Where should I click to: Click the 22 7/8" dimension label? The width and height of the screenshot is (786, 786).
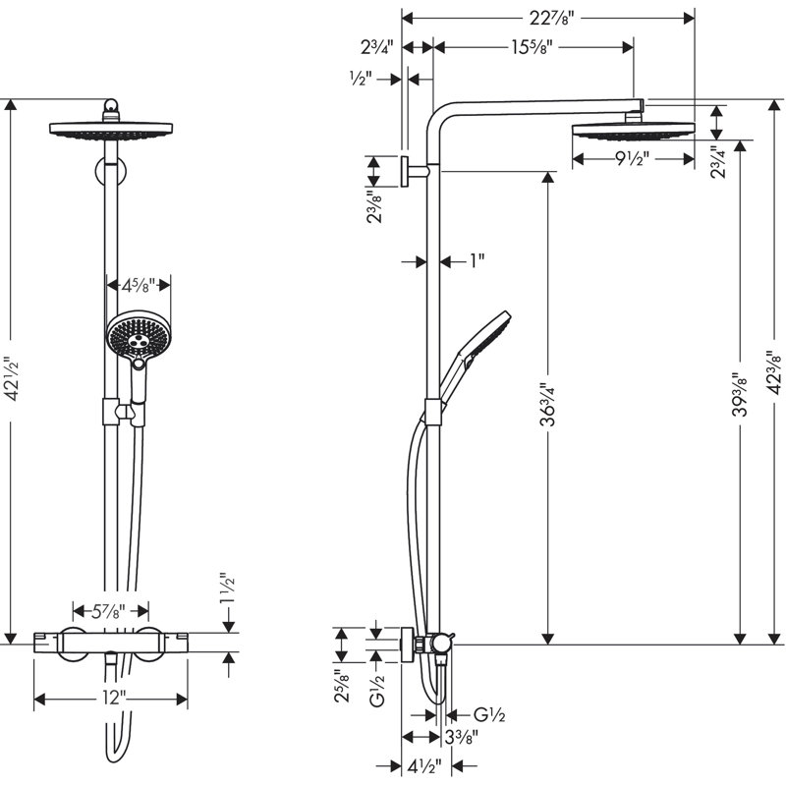pos(551,19)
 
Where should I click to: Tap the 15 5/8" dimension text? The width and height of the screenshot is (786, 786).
pos(532,47)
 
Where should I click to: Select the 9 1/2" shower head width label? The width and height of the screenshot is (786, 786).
pos(632,159)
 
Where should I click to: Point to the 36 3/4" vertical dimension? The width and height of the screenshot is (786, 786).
pos(548,405)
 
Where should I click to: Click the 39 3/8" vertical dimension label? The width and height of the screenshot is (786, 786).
pos(740,395)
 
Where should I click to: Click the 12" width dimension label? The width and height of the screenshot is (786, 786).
pos(112,698)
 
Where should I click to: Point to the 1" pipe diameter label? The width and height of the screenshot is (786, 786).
pos(477,260)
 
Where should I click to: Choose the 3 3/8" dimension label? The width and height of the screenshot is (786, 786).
pos(462,737)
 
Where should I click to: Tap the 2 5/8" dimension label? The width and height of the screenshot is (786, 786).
pos(343,686)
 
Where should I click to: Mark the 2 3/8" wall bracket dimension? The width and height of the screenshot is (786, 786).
pos(374,206)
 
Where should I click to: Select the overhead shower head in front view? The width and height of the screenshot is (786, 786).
pos(111,130)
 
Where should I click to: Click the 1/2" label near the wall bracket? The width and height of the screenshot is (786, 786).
pos(361,79)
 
